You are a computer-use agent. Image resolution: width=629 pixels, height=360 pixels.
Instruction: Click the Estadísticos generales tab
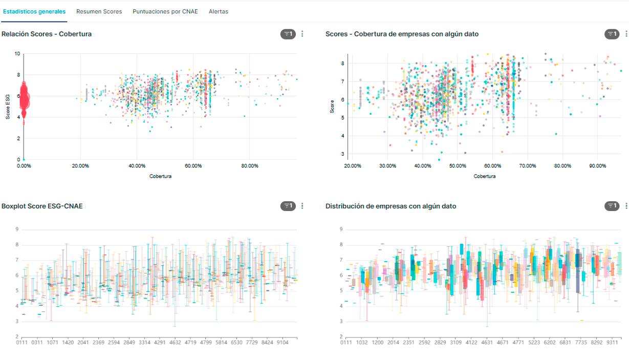pyautogui.click(x=34, y=11)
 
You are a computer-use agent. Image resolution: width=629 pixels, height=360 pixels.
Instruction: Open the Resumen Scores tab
pyautogui.click(x=99, y=11)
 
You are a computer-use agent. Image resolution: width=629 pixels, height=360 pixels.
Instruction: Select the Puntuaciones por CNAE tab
pyautogui.click(x=165, y=11)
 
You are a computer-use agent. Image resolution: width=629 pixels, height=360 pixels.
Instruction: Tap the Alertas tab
pyautogui.click(x=219, y=11)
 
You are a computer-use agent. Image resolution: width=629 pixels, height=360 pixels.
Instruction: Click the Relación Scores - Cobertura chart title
pyautogui.click(x=47, y=34)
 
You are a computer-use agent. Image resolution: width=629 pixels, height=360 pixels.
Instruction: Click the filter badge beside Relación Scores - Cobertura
pyautogui.click(x=288, y=34)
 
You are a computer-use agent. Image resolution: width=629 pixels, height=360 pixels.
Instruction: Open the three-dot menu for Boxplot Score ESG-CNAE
pyautogui.click(x=302, y=206)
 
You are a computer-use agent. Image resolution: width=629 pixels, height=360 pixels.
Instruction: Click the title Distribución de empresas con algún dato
pyautogui.click(x=391, y=206)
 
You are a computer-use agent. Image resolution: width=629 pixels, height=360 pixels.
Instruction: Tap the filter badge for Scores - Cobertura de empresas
pyautogui.click(x=612, y=34)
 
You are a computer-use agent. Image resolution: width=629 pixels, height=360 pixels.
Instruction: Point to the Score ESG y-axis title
pyautogui.click(x=8, y=106)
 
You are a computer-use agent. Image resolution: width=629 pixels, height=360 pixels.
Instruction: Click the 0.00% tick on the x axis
pyautogui.click(x=24, y=166)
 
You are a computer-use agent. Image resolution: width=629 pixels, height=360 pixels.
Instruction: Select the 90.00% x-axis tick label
pyautogui.click(x=597, y=166)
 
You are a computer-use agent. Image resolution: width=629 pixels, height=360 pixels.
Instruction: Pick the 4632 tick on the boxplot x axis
pyautogui.click(x=176, y=343)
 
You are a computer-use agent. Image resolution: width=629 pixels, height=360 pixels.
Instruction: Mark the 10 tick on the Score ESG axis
pyautogui.click(x=17, y=53)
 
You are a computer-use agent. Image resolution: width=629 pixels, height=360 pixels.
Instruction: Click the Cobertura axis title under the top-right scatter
pyautogui.click(x=484, y=176)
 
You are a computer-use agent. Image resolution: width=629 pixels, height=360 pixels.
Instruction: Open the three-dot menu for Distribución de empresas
pyautogui.click(x=626, y=206)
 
